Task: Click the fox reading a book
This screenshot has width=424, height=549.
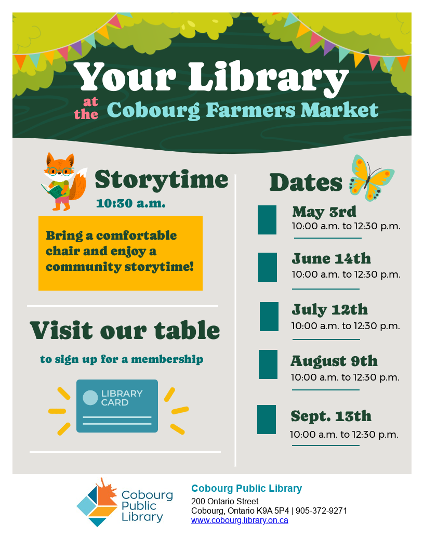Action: point(64,181)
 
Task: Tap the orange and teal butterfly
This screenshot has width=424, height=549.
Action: point(371,178)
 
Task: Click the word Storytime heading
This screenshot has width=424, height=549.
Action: point(161,180)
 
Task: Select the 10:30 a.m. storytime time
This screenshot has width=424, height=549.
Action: point(131,203)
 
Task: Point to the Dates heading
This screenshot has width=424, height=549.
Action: point(306,182)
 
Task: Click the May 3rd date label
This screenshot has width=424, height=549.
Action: point(324,212)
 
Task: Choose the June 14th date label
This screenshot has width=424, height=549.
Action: point(332,258)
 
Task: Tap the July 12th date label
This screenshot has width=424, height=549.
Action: point(330,309)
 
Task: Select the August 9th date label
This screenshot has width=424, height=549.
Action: point(334,361)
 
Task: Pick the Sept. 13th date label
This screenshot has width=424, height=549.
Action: point(331,416)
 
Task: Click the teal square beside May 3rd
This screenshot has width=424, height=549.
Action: point(267,220)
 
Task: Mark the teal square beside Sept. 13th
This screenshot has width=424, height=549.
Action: point(267,420)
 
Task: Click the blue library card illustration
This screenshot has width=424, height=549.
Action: point(117,406)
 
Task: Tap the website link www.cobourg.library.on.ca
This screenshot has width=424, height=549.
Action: point(240,520)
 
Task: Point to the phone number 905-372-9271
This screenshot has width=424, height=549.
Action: point(321,511)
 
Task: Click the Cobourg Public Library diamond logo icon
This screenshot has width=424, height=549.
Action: point(97,502)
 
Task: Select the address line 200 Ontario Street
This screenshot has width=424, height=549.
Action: point(224,501)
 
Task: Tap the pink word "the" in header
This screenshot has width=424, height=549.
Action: point(86,114)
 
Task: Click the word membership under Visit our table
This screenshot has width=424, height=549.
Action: point(167,359)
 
